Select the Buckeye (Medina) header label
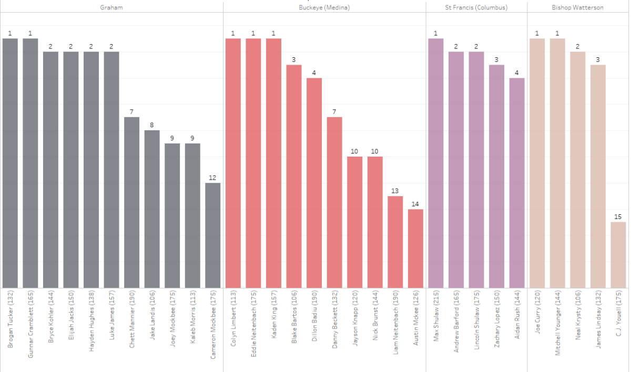324,8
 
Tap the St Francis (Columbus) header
476,8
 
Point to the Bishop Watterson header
577,8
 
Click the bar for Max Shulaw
436,163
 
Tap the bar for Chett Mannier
132,202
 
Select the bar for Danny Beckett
334,202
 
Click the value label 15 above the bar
618,217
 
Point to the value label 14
415,204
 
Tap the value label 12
213,178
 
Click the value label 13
395,191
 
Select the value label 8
152,125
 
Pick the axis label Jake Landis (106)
152,318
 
